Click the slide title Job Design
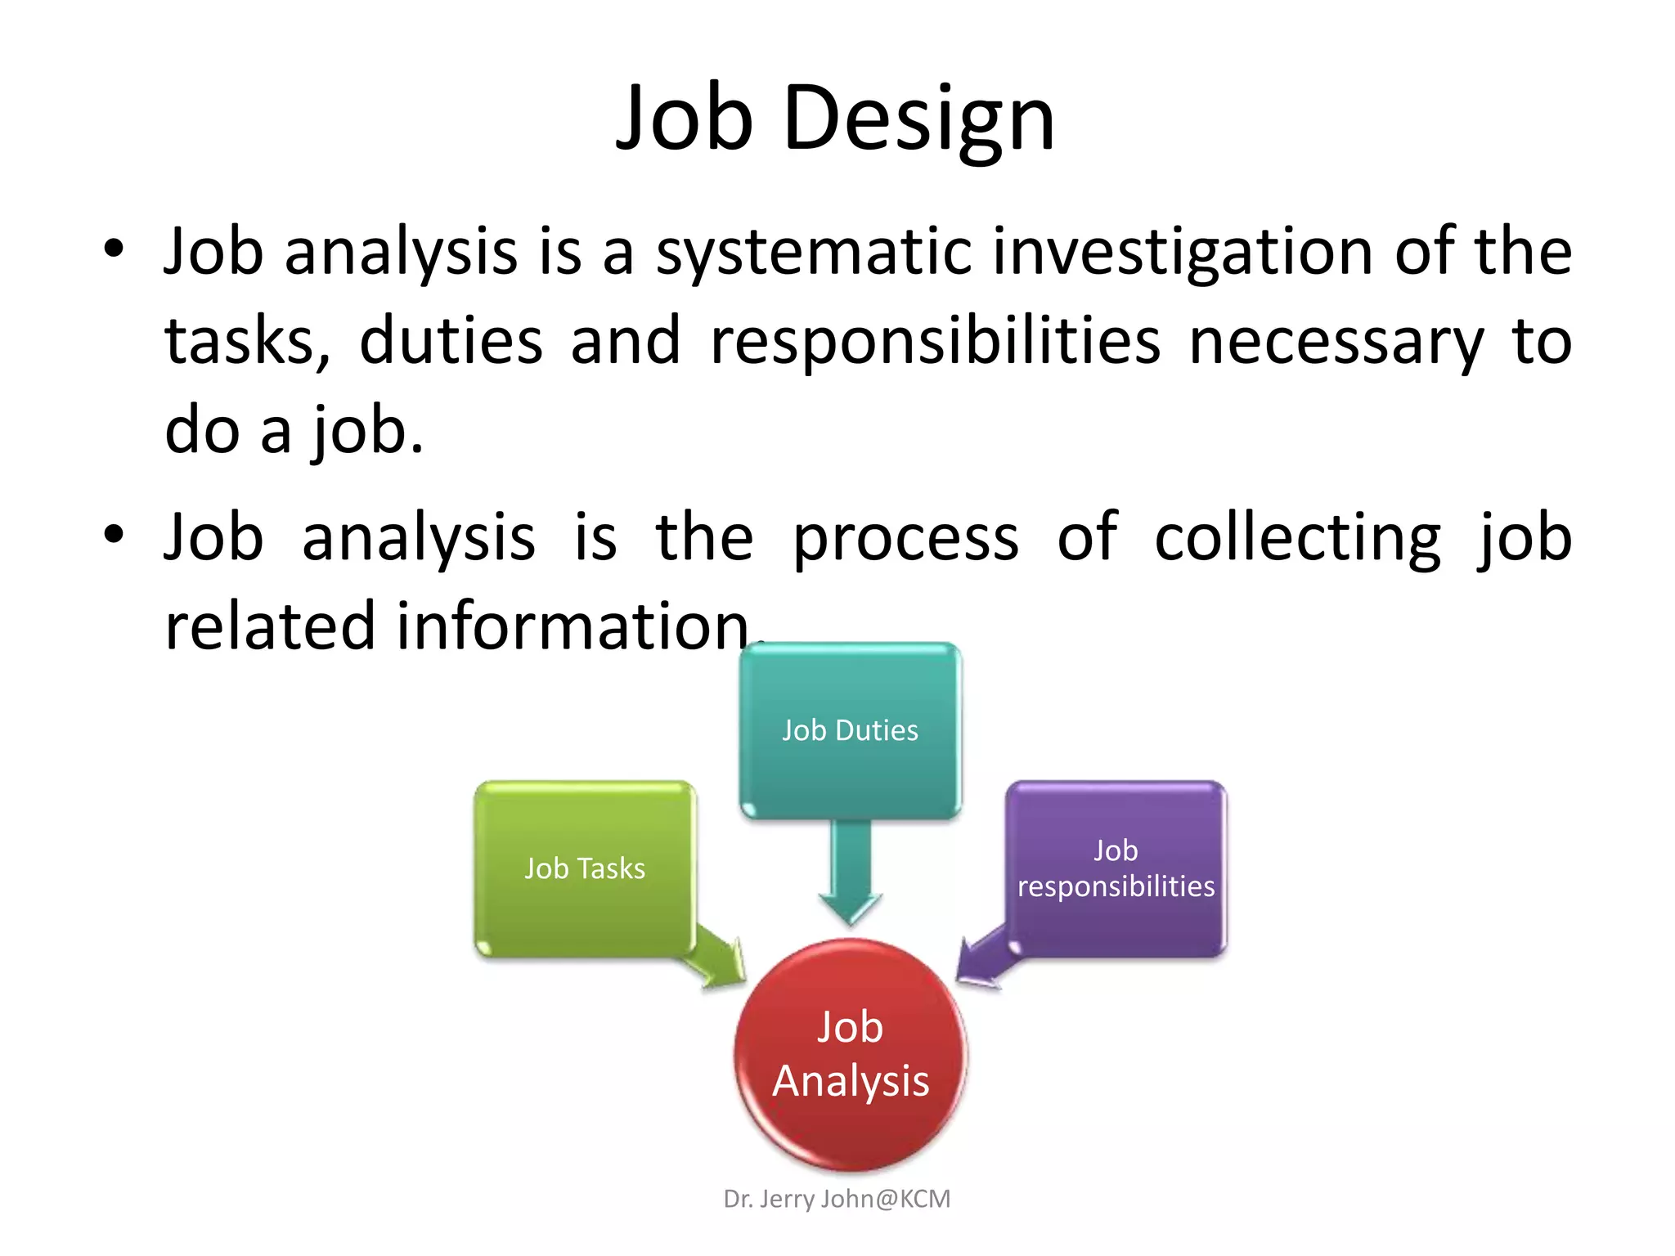tap(835, 119)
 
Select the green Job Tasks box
tap(585, 868)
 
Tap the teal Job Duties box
tap(850, 730)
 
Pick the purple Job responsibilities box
tap(1116, 868)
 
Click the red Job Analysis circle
tap(851, 1055)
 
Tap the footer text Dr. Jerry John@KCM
tap(837, 1199)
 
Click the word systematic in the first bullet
tap(814, 252)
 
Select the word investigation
tap(1183, 252)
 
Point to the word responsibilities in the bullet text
tap(935, 341)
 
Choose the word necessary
tap(1336, 341)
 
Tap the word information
tap(573, 626)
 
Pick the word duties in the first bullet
tap(451, 341)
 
